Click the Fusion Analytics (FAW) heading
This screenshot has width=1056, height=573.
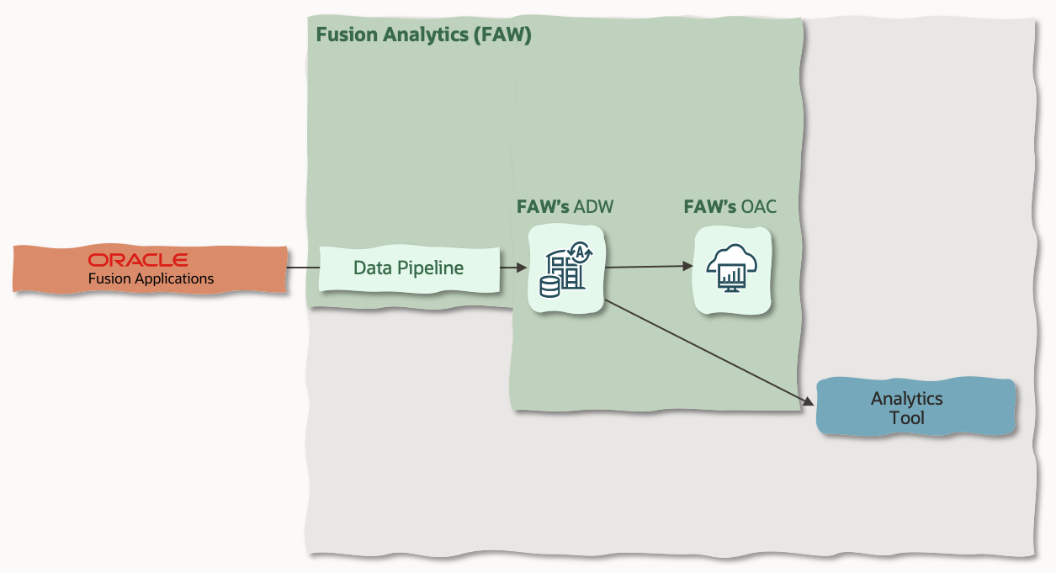coord(423,35)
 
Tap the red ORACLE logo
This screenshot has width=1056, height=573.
coord(138,259)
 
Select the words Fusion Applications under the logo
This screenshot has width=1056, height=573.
coord(151,279)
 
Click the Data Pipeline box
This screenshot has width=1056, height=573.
coord(409,268)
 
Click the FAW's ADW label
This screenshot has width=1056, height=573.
coord(564,207)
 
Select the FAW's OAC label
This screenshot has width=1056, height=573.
coord(730,207)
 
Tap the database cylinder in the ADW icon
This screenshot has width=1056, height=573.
coord(549,287)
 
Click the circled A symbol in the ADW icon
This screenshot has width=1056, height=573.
coord(579,251)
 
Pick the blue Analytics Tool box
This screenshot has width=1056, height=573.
coord(915,407)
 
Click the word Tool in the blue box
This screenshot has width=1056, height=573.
coord(906,417)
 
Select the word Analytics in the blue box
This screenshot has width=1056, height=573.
coord(906,398)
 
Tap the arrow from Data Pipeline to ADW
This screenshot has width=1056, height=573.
coord(513,268)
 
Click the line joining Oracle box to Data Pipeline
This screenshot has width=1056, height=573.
coord(302,268)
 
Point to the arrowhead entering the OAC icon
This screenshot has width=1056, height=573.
coord(687,267)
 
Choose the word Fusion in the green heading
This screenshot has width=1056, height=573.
coord(342,35)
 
